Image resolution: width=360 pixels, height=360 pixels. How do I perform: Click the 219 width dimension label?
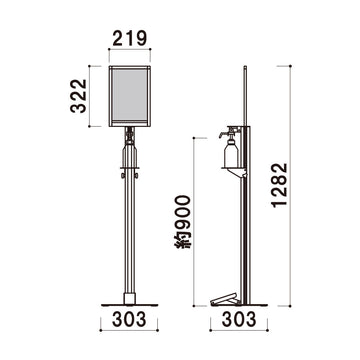click(130, 38)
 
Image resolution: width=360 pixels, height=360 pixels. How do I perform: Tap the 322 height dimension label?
click(79, 96)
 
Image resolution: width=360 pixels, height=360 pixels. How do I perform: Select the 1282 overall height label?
click(279, 185)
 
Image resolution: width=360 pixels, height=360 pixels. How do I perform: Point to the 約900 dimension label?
click(183, 222)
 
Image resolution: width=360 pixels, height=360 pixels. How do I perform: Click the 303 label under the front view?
click(129, 319)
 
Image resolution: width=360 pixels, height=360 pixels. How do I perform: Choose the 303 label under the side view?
click(239, 319)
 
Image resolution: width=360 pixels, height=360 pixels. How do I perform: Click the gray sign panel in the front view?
click(130, 95)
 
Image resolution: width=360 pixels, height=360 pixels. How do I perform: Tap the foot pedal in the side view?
click(224, 299)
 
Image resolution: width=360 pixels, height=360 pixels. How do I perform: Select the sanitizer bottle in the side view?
click(231, 153)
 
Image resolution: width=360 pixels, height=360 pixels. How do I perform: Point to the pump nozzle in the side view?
click(222, 134)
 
